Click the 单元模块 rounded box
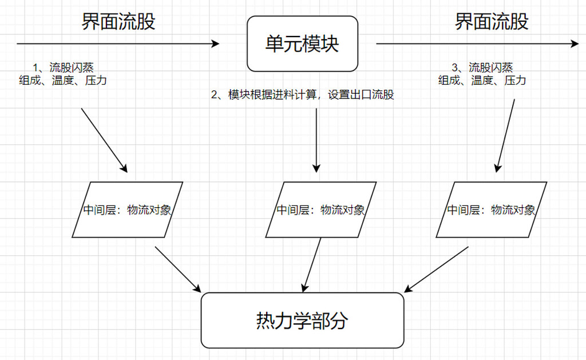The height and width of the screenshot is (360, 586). [x=302, y=43]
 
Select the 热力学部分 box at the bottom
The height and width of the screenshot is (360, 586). [x=302, y=321]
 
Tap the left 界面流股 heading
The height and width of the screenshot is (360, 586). [x=118, y=21]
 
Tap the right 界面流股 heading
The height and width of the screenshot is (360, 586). [x=492, y=21]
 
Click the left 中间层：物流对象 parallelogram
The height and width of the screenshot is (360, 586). [x=127, y=209]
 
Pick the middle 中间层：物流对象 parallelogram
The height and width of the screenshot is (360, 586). [x=320, y=209]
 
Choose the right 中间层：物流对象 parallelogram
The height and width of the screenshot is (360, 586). [x=491, y=209]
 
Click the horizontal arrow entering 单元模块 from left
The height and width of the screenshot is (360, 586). [x=118, y=43]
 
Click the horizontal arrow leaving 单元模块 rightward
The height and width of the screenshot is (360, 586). [x=477, y=43]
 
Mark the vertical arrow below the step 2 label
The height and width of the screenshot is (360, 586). [x=316, y=140]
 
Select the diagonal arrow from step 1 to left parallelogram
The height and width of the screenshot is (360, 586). [x=104, y=140]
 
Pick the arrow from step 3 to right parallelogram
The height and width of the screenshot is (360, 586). [x=505, y=136]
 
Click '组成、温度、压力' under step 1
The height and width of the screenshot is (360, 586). [x=63, y=81]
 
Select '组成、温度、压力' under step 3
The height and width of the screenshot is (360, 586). [x=482, y=81]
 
